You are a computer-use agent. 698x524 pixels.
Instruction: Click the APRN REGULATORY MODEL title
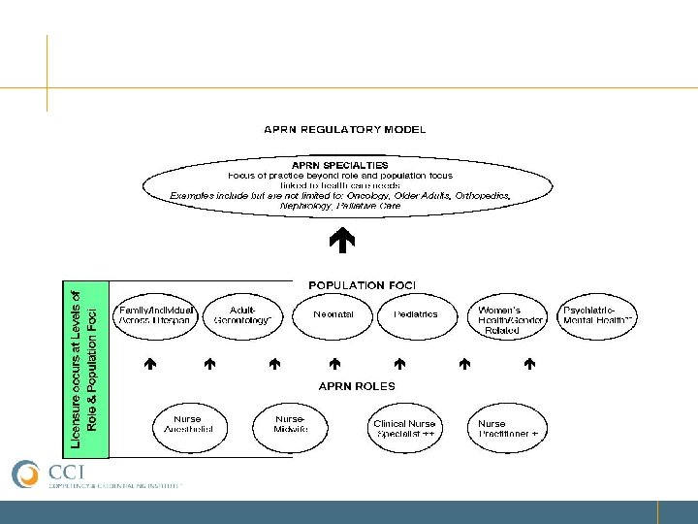tap(345, 129)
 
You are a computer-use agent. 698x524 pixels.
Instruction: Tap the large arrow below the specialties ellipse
tap(342, 237)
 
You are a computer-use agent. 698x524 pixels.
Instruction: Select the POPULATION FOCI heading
tap(362, 285)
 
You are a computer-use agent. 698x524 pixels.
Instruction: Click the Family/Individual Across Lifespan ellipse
tap(156, 314)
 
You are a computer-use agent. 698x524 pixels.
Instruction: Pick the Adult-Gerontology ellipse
tap(243, 314)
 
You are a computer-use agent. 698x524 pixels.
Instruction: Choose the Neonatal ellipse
tap(333, 314)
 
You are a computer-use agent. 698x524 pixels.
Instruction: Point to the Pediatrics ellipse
tap(416, 314)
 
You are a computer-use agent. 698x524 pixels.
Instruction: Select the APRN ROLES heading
tap(357, 385)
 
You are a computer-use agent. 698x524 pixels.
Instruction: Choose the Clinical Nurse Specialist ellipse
tap(405, 428)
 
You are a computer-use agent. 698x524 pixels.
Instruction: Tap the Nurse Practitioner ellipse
tap(508, 428)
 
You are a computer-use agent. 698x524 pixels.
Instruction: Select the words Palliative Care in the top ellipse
tap(377, 207)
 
